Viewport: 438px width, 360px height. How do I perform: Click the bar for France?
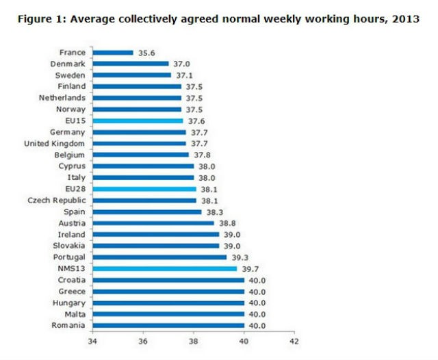(112, 52)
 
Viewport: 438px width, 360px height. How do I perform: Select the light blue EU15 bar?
(138, 120)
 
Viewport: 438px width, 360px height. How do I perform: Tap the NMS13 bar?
(164, 268)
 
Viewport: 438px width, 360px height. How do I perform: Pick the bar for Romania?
(168, 325)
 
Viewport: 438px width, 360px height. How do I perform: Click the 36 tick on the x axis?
(143, 340)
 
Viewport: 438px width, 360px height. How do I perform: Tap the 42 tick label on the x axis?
(294, 340)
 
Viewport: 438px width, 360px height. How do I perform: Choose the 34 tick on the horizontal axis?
(92, 340)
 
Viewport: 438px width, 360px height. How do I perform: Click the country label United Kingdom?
(55, 143)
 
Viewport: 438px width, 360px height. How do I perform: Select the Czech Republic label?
(57, 200)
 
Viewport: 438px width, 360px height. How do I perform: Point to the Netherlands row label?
(62, 97)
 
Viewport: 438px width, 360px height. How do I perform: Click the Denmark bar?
(130, 63)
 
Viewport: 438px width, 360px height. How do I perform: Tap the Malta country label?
(73, 313)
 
